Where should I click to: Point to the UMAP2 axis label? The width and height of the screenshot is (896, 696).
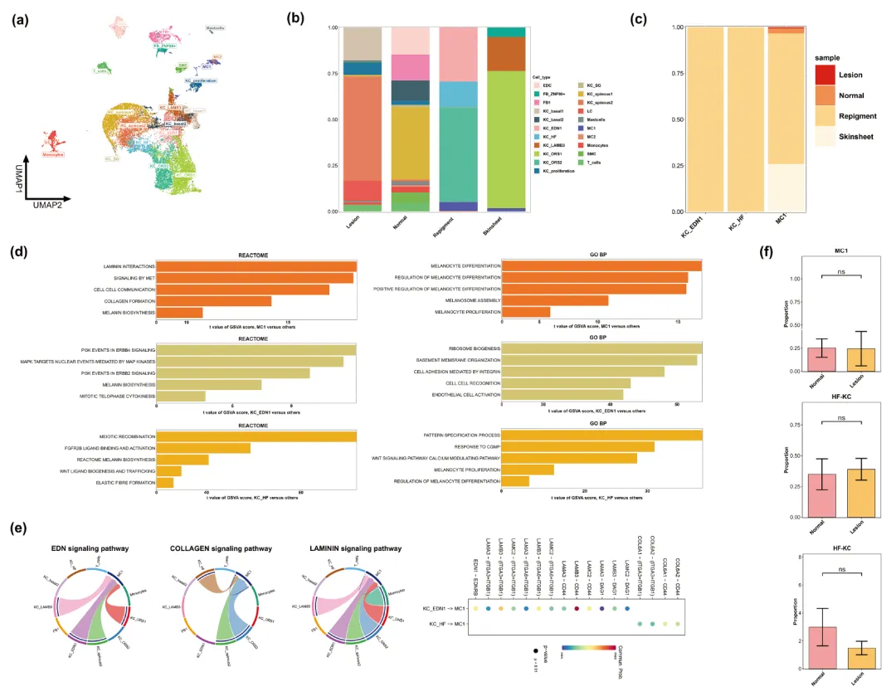(51, 202)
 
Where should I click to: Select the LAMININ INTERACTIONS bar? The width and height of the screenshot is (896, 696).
(256, 265)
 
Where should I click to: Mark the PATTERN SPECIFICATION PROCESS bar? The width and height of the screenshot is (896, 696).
(601, 436)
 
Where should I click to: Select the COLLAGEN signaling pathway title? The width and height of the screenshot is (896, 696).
(213, 548)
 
